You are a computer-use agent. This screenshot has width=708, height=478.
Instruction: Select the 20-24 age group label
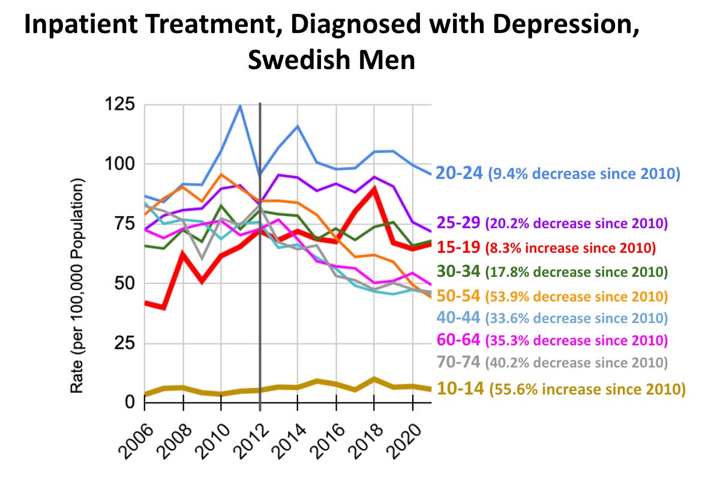[458, 173]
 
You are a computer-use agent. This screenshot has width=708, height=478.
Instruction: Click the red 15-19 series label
[458, 246]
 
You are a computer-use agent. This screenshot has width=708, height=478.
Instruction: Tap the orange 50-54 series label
[458, 295]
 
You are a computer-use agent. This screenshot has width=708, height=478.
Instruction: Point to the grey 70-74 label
[458, 362]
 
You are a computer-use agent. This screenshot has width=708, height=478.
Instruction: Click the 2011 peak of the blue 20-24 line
[241, 106]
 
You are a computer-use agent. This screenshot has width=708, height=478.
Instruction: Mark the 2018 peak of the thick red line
[374, 189]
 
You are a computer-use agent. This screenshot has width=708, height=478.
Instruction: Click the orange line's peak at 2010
[221, 175]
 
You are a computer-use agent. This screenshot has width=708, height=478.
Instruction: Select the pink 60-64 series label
[458, 340]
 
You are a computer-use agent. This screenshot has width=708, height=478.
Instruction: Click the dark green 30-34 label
[458, 271]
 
